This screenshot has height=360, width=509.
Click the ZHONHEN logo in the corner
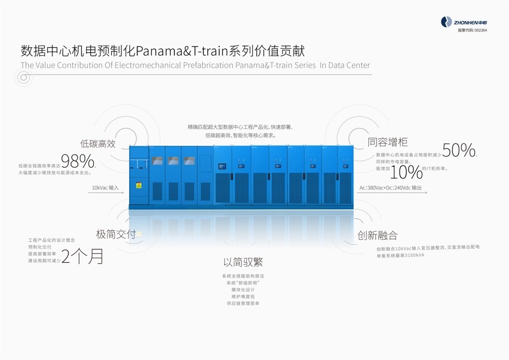(464, 22)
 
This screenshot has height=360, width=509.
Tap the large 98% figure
(77, 161)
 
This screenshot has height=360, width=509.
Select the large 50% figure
(459, 150)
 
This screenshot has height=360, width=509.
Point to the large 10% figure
(406, 172)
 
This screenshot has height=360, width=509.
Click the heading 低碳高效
(98, 144)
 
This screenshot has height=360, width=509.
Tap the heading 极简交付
(115, 234)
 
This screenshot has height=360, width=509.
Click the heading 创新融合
(377, 235)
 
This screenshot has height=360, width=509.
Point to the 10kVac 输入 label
(105, 188)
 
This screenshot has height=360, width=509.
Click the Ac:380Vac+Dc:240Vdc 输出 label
(390, 188)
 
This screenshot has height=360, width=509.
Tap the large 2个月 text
(82, 256)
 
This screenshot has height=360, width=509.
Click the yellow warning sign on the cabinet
(139, 186)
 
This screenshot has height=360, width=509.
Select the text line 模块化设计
(243, 289)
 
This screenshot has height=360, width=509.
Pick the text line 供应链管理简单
(243, 303)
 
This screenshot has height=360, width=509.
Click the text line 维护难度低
(243, 297)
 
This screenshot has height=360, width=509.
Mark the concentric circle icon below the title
(23, 78)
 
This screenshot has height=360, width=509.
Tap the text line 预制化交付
(39, 247)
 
